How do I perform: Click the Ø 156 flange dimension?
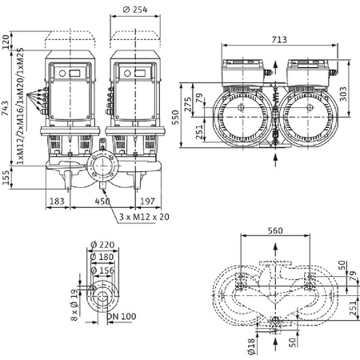pyautogui.click(x=102, y=270)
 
